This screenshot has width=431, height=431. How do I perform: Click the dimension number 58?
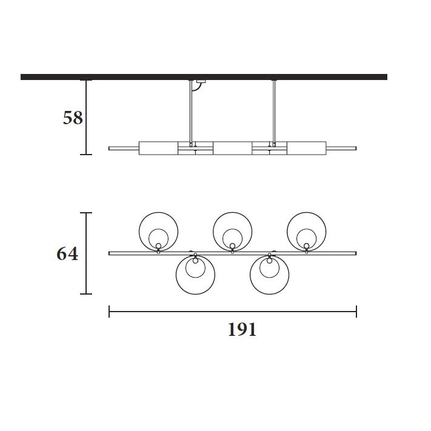point(73,118)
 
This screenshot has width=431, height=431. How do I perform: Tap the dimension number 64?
point(67,253)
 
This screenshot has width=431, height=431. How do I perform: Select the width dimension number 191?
point(242,330)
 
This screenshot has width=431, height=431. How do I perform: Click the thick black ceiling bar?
point(204,77)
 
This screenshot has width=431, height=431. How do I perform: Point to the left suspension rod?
point(191,113)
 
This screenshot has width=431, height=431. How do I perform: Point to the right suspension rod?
point(274,113)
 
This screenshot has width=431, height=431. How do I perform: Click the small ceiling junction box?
point(201,81)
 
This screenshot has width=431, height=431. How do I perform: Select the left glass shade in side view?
point(158,148)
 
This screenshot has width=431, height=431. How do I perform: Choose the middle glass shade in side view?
point(233,148)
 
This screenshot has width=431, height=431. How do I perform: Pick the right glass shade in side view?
point(307,148)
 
